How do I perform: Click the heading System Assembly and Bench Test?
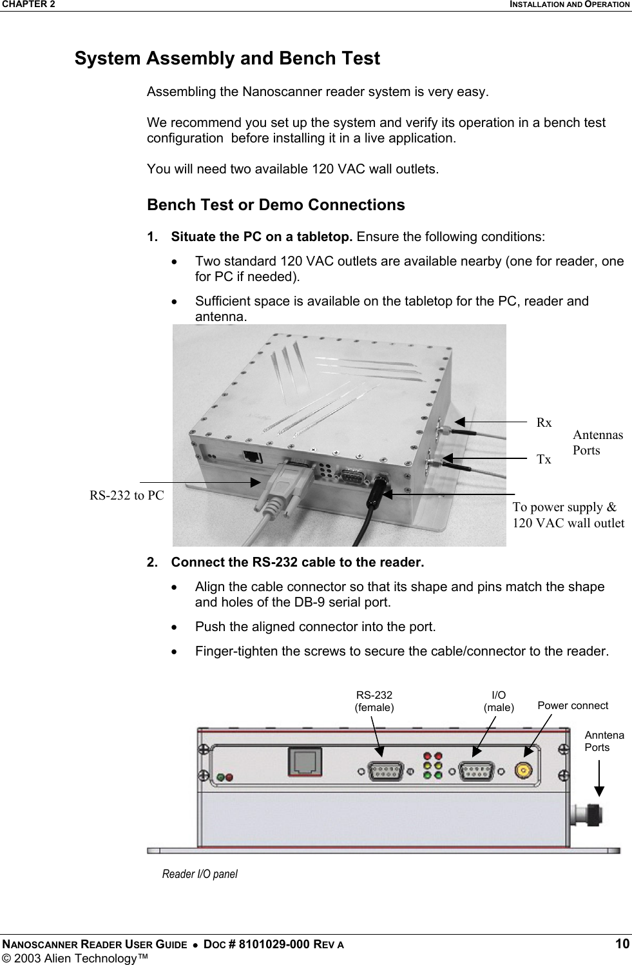[x=227, y=59]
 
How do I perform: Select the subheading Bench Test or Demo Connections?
[x=276, y=205]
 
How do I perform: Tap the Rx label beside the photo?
[x=544, y=423]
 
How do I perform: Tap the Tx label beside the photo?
[x=544, y=460]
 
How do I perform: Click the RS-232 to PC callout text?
[x=126, y=496]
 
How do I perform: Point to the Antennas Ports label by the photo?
[x=597, y=442]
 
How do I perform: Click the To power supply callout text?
[x=568, y=514]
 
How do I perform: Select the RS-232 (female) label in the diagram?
[x=374, y=701]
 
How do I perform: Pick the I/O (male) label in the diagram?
[x=499, y=701]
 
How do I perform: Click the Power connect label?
[x=572, y=705]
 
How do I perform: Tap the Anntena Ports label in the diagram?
[x=604, y=741]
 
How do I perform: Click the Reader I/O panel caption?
[x=200, y=874]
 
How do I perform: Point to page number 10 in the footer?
[x=622, y=944]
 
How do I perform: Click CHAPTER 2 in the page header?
[x=28, y=5]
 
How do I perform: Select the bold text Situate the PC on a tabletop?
[x=262, y=237]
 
